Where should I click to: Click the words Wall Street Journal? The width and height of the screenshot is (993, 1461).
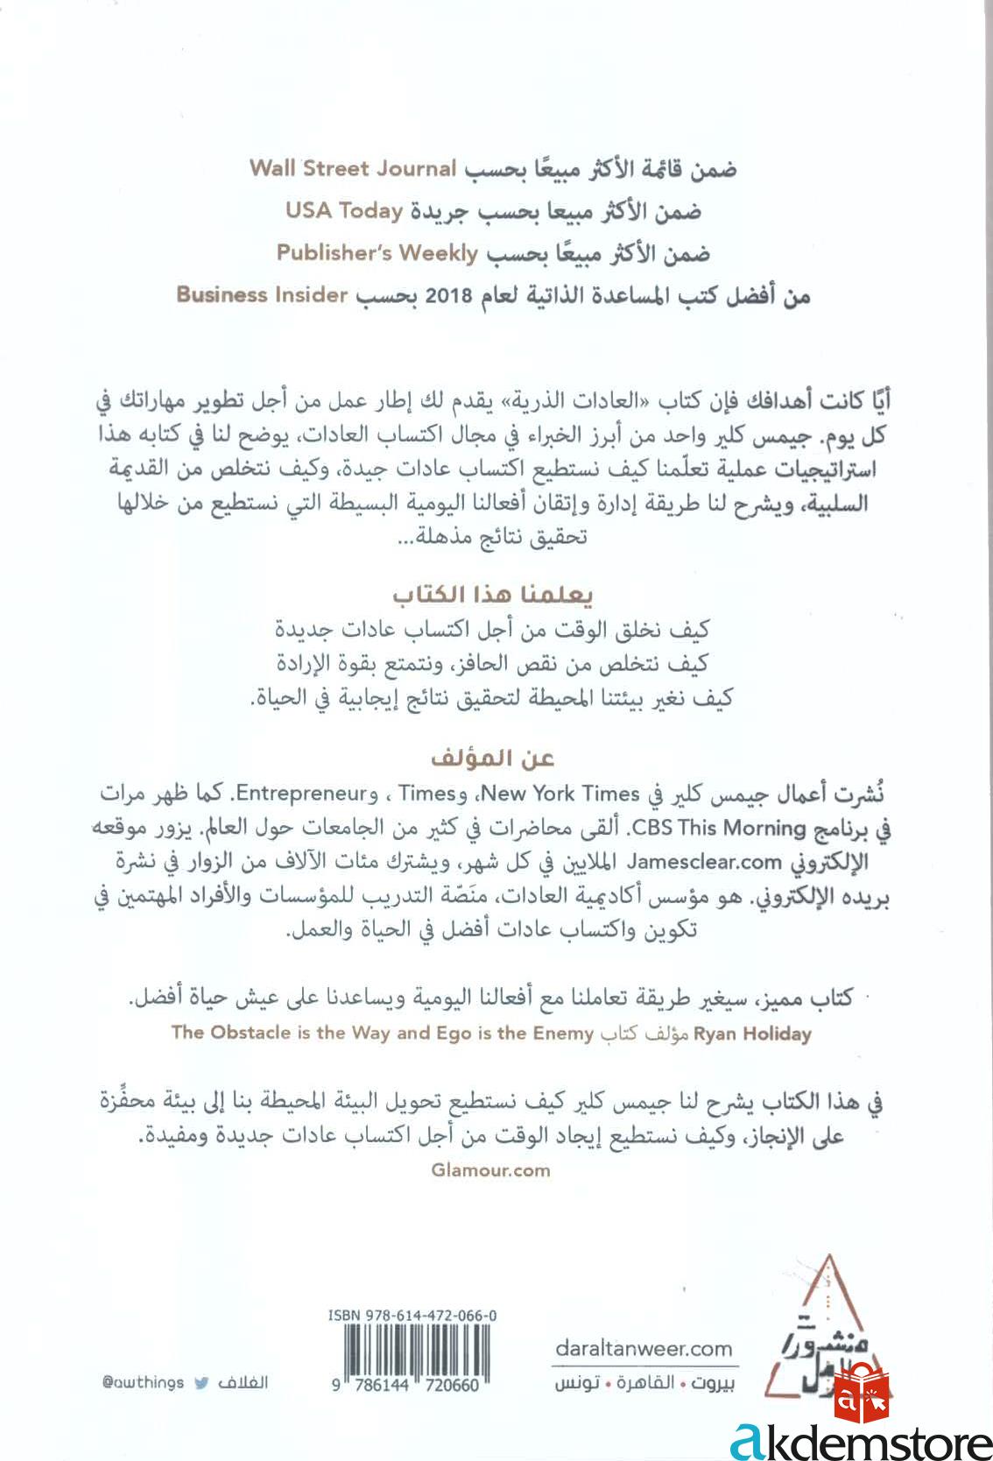tap(353, 168)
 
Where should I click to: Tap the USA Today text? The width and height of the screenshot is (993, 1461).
tap(344, 211)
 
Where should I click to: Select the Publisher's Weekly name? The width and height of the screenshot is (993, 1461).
tap(377, 253)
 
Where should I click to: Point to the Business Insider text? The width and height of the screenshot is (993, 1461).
tap(263, 294)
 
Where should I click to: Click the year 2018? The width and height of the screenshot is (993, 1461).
tap(449, 296)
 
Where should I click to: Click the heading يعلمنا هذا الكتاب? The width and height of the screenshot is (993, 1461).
tap(493, 596)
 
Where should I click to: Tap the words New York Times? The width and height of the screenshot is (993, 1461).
tap(561, 794)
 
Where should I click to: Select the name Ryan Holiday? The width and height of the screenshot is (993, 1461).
tap(752, 1034)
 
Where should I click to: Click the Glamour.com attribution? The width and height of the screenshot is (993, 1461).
tap(491, 1169)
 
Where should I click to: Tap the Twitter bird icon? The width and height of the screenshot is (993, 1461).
tap(201, 1383)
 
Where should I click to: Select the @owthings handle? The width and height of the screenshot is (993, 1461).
tap(143, 1383)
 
